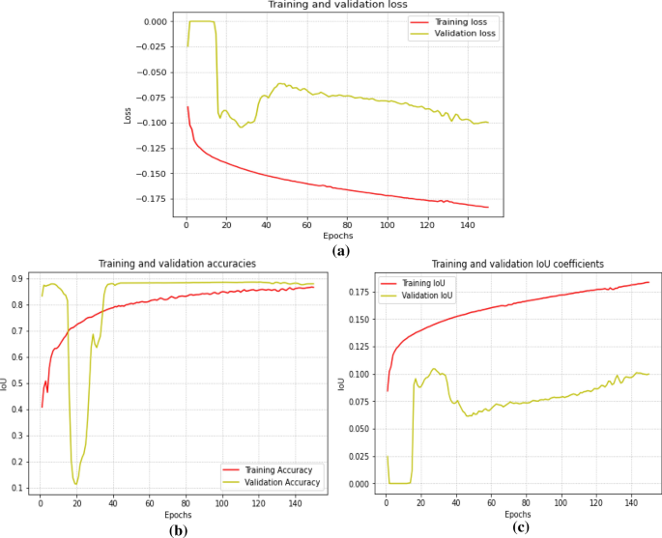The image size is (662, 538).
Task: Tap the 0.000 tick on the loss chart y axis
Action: (155, 21)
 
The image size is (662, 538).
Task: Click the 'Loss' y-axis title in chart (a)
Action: (128, 114)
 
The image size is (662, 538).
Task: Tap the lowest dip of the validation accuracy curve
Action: (75, 484)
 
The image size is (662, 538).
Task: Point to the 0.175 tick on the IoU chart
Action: (360, 291)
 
